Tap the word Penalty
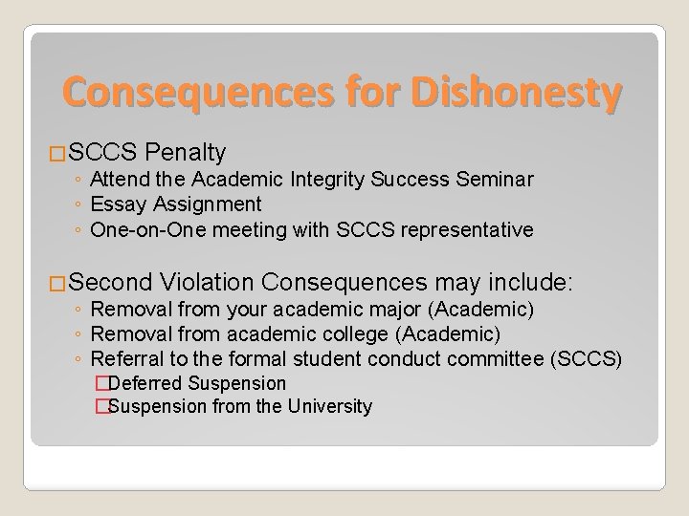(188, 152)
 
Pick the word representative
(470, 229)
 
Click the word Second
(110, 283)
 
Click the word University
(328, 407)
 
